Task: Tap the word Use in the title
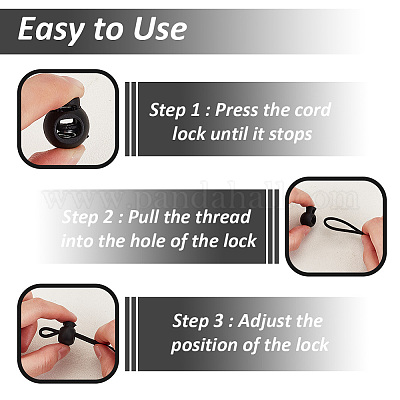[160, 29]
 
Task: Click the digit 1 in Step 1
[195, 110]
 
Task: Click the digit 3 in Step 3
[218, 321]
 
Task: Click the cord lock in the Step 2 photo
[308, 216]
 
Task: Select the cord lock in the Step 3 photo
[67, 333]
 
